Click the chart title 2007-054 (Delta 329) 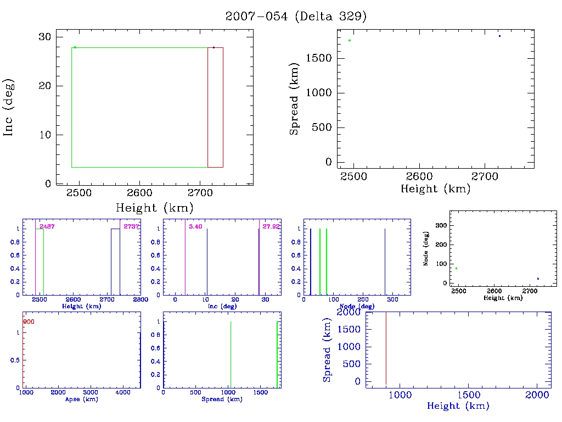tap(296, 16)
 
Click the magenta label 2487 tap(47, 226)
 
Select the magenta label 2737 tap(132, 226)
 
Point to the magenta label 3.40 tap(195, 226)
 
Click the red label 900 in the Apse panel tap(29, 321)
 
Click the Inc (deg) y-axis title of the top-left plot tap(9, 107)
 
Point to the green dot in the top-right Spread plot tap(350, 40)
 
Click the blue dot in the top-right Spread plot tap(499, 36)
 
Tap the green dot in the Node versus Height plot tap(456, 268)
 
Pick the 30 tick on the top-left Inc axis tap(45, 36)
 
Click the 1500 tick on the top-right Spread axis tap(319, 58)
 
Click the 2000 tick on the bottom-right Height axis tap(537, 395)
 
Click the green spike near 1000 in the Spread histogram tap(231, 354)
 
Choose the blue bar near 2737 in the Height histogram tap(115, 262)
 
